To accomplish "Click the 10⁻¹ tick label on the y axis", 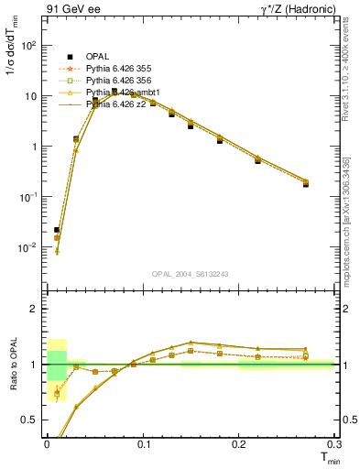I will pos(28,197).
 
